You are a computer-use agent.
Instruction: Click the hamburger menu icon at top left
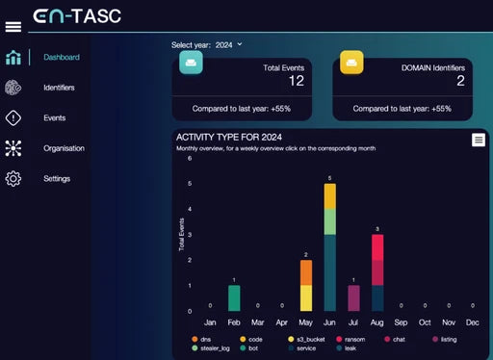pyautogui.click(x=13, y=26)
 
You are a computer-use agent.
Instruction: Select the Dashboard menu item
pyautogui.click(x=61, y=58)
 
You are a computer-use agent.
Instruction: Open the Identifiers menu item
pyautogui.click(x=59, y=88)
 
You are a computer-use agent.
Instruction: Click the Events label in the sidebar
pyautogui.click(x=55, y=118)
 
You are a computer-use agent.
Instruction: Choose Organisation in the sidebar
pyautogui.click(x=64, y=148)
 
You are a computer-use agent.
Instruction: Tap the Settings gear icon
pyautogui.click(x=13, y=179)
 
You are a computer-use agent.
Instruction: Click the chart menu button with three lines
pyautogui.click(x=478, y=141)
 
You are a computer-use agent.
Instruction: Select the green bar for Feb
pyautogui.click(x=234, y=297)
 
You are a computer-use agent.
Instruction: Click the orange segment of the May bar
pyautogui.click(x=306, y=272)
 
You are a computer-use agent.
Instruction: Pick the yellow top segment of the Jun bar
pyautogui.click(x=330, y=195)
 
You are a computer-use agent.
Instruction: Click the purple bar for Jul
pyautogui.click(x=353, y=297)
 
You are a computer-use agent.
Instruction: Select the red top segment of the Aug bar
pyautogui.click(x=377, y=247)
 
